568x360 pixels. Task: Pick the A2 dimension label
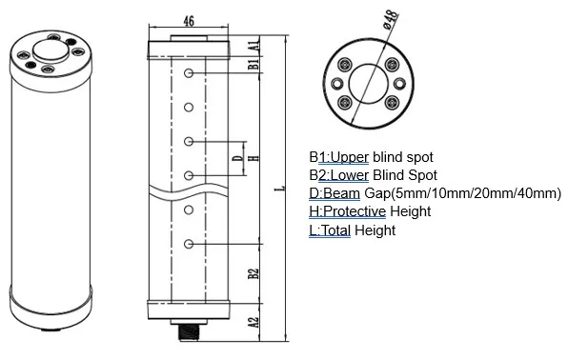[254, 323]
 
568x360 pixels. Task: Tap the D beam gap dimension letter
[238, 158]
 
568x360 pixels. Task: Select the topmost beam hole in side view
[191, 74]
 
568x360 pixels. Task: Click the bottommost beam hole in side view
[191, 245]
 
